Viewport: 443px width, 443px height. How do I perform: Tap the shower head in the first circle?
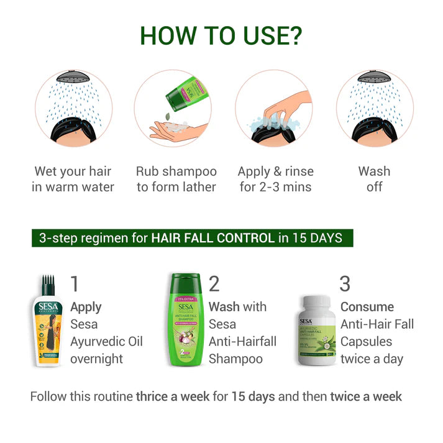73,80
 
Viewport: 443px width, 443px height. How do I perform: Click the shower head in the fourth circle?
375,80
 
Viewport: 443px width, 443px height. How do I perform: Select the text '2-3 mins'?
286,186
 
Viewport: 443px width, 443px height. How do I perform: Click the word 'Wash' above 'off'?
375,171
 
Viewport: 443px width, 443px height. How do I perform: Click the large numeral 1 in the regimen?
75,284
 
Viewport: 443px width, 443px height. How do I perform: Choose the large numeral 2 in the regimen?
214,284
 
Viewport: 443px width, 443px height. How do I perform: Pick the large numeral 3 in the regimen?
345,284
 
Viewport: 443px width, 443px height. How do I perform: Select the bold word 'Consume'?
367,307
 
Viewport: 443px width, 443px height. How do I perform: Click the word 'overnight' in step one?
96,359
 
